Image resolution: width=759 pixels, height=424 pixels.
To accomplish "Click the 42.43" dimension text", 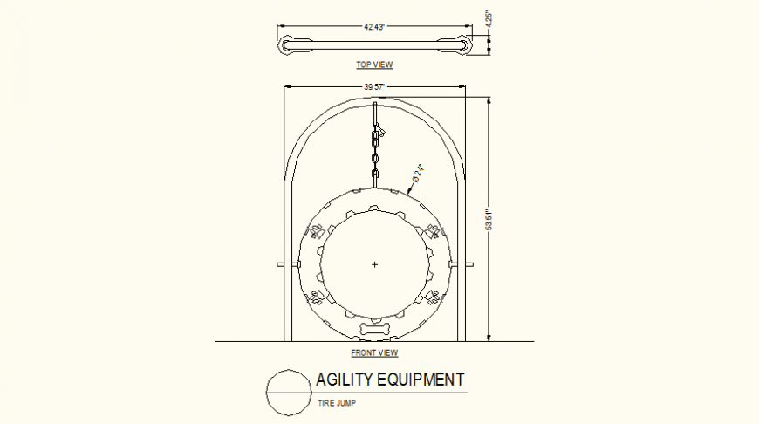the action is click(x=374, y=27).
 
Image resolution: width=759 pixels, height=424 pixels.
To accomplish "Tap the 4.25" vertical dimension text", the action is click(x=489, y=19).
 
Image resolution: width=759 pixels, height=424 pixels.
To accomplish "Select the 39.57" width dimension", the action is click(x=374, y=87).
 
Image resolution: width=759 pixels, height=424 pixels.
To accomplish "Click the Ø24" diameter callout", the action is click(x=418, y=174).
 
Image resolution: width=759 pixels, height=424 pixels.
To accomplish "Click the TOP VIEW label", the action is click(x=374, y=65).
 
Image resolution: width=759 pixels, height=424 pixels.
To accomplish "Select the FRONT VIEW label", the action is click(x=374, y=352).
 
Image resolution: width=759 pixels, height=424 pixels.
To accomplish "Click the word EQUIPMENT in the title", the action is click(x=421, y=380).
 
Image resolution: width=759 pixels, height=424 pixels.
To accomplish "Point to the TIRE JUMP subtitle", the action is click(x=337, y=403).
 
